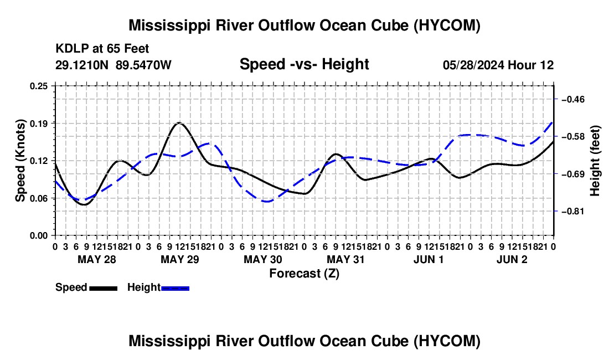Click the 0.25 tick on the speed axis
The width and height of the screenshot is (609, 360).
click(39, 86)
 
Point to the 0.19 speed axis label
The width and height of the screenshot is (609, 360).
click(39, 124)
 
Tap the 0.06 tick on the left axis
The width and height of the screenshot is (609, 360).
click(39, 198)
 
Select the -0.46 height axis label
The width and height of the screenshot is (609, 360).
click(573, 100)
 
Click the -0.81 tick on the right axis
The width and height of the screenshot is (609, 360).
click(573, 211)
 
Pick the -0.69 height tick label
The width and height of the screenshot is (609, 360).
click(573, 174)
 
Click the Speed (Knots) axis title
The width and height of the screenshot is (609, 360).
click(20, 161)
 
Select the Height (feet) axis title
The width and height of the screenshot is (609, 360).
click(595, 161)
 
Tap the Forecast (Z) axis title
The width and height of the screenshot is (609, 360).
click(304, 274)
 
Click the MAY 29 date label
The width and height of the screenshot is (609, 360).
click(180, 259)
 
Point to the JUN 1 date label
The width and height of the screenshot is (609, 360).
click(429, 259)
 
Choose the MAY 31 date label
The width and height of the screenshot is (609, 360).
click(345, 259)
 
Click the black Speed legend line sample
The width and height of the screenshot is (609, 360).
click(104, 288)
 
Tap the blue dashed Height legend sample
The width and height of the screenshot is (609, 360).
click(175, 288)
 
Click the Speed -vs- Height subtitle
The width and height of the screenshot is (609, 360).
click(304, 64)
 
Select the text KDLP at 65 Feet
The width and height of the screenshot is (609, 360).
click(102, 49)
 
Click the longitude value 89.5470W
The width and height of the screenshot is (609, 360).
click(143, 65)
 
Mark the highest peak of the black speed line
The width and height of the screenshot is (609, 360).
click(179, 123)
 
